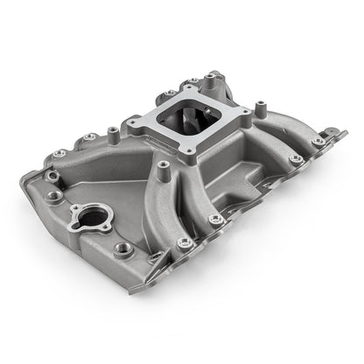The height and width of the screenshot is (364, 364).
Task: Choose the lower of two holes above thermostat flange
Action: coord(58,198)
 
